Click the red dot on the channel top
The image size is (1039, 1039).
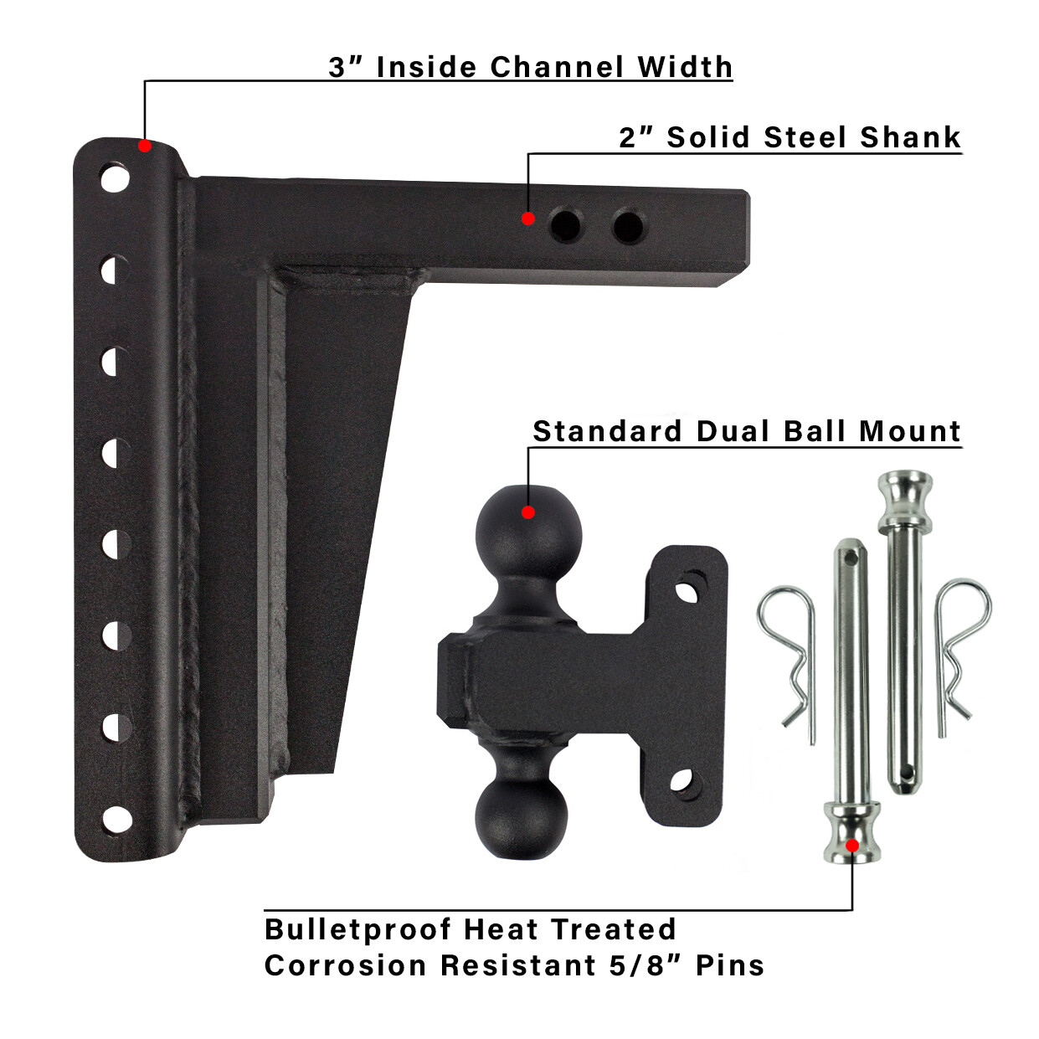(x=145, y=146)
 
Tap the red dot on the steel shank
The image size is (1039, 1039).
(x=528, y=219)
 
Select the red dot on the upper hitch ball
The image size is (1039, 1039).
(x=528, y=512)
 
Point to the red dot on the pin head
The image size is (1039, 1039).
(x=852, y=846)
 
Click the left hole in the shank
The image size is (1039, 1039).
(x=566, y=225)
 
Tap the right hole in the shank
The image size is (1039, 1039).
(x=628, y=226)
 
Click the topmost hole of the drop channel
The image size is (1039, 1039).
(x=115, y=178)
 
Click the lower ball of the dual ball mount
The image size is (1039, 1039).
(x=522, y=817)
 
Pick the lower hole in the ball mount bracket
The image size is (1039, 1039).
(x=682, y=781)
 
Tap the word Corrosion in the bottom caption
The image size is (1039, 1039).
(x=346, y=965)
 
